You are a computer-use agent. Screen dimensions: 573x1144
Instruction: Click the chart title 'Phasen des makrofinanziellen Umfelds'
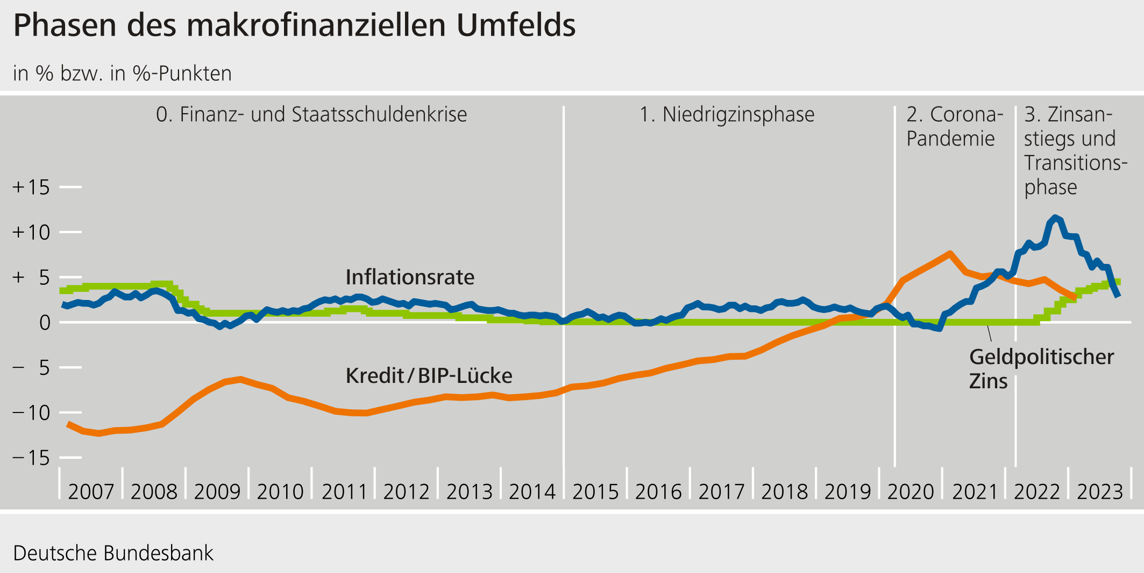click(x=294, y=25)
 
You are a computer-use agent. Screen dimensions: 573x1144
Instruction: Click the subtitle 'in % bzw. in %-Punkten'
click(x=122, y=74)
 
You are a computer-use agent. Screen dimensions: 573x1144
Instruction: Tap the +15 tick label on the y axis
click(x=31, y=187)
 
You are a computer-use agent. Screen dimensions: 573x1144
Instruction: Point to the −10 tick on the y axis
click(x=31, y=413)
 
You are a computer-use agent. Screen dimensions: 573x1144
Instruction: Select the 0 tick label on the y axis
click(x=45, y=323)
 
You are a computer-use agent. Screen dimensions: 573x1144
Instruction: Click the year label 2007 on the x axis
click(x=91, y=492)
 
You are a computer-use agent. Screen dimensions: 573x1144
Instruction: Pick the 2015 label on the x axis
click(x=595, y=492)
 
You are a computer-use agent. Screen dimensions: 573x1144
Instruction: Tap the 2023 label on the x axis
click(x=1100, y=492)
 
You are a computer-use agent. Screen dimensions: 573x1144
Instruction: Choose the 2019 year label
click(x=848, y=492)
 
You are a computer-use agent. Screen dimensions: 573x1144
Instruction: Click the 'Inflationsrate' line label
click(x=410, y=277)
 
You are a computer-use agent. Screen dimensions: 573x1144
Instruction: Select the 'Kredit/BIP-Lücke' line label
click(x=429, y=376)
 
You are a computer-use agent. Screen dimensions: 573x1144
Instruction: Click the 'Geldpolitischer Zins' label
click(x=1041, y=369)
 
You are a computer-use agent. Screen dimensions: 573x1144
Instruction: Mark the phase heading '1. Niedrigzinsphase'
click(x=727, y=115)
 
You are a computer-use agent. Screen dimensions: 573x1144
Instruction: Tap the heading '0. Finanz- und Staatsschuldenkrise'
click(x=311, y=115)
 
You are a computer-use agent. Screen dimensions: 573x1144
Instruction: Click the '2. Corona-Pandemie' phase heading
click(x=955, y=127)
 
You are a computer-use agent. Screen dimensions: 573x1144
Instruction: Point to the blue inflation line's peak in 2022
click(x=1055, y=218)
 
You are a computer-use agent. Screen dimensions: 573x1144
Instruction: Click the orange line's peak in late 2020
click(x=950, y=253)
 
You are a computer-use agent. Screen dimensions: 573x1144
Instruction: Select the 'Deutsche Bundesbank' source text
click(x=113, y=553)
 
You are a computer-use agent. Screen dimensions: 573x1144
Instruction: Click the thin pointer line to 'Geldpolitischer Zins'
click(x=989, y=333)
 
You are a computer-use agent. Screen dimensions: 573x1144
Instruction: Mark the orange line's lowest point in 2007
click(x=98, y=434)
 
